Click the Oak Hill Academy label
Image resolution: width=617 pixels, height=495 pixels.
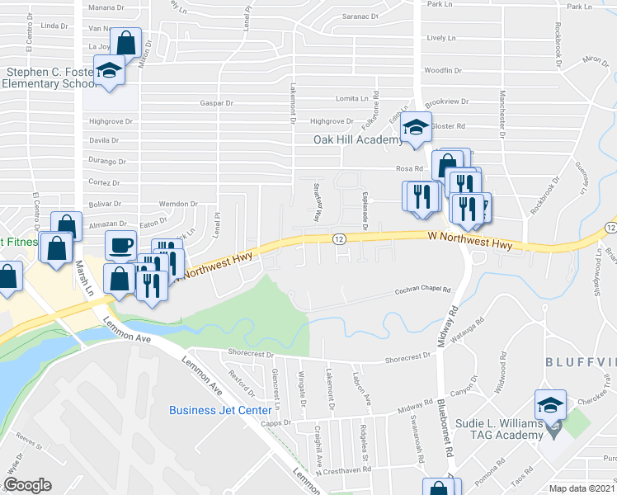click(357, 139)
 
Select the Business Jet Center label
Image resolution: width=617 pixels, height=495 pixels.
click(220, 410)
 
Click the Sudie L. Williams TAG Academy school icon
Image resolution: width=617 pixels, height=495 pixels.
click(550, 405)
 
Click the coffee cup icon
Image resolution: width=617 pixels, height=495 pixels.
click(120, 245)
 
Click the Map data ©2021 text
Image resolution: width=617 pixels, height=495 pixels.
click(582, 488)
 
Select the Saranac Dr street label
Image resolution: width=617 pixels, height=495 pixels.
click(360, 16)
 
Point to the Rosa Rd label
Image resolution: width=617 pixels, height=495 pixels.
click(408, 169)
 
